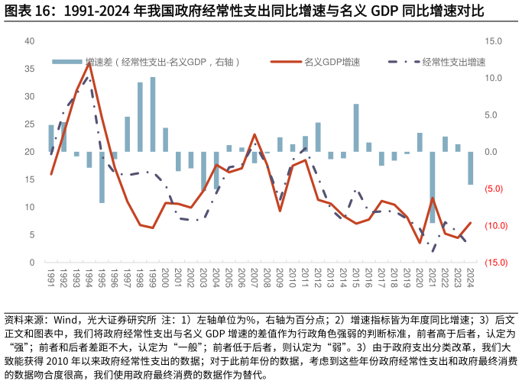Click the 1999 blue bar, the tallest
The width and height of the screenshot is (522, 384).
(x=153, y=115)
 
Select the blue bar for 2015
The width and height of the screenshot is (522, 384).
(x=356, y=127)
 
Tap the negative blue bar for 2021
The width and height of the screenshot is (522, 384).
(x=433, y=187)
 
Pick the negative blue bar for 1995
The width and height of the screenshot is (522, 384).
(x=102, y=177)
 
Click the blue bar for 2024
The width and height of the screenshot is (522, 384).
(x=471, y=168)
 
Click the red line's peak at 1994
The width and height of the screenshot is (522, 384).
(x=89, y=63)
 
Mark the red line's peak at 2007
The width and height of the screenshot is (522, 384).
(x=255, y=135)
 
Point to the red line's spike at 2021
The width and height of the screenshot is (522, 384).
(x=433, y=198)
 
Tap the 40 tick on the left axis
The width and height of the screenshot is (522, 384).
(x=30, y=41)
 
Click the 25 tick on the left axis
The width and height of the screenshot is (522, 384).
(x=30, y=124)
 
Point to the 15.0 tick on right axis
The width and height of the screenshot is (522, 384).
(x=492, y=41)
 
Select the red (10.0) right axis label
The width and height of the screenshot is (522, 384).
(x=492, y=226)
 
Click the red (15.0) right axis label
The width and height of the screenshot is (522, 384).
(x=492, y=263)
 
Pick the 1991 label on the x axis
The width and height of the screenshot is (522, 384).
(x=51, y=276)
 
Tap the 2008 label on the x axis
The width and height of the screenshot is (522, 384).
(x=267, y=276)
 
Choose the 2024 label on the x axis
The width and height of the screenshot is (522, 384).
(x=471, y=276)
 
